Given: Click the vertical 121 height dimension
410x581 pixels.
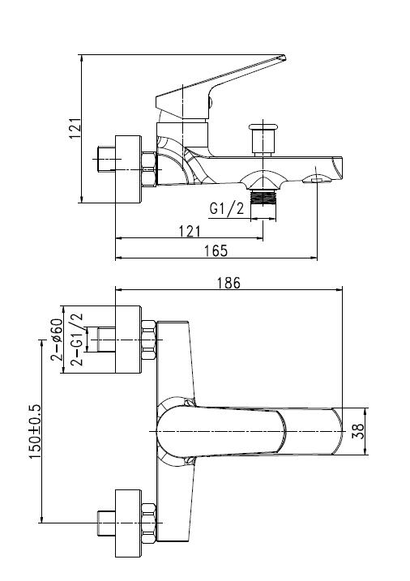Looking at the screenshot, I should pyautogui.click(x=74, y=128).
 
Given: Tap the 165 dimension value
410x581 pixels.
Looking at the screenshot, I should pyautogui.click(x=215, y=250).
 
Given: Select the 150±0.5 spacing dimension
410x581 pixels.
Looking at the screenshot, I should pyautogui.click(x=32, y=432).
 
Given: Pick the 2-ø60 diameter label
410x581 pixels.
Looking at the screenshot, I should pyautogui.click(x=58, y=340).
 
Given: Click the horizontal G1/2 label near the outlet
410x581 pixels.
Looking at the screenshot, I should pyautogui.click(x=227, y=209).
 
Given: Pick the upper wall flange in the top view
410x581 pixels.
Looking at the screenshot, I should pyautogui.click(x=128, y=340).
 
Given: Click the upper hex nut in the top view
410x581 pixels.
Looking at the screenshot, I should pyautogui.click(x=148, y=340).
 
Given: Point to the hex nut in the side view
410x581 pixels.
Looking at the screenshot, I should pyautogui.click(x=148, y=169).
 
